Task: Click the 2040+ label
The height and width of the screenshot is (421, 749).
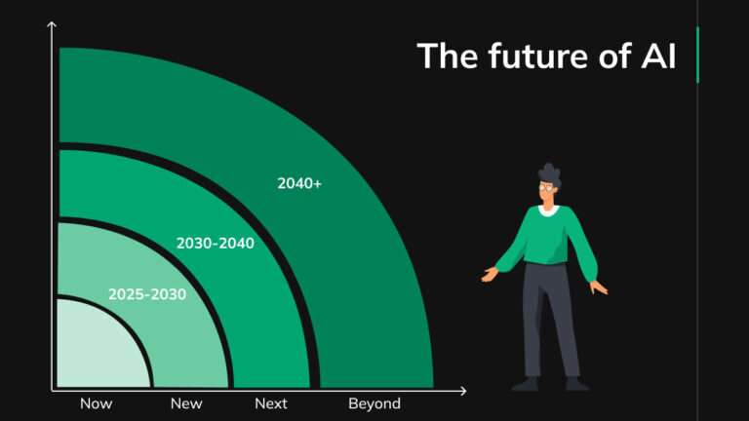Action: [299, 182]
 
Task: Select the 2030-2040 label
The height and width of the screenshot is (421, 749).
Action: [215, 243]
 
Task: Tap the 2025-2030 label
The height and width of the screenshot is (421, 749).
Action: [146, 293]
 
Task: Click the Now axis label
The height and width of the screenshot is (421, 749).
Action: [96, 403]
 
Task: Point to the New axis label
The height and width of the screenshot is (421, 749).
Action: [186, 403]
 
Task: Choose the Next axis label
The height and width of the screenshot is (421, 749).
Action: [270, 403]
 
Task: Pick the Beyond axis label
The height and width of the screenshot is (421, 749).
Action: [374, 403]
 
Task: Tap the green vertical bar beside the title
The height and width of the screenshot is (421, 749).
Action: [698, 56]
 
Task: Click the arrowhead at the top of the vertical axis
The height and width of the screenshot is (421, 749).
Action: [52, 24]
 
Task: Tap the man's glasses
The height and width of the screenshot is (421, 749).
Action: [550, 186]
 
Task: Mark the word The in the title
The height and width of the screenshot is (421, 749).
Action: [447, 56]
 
